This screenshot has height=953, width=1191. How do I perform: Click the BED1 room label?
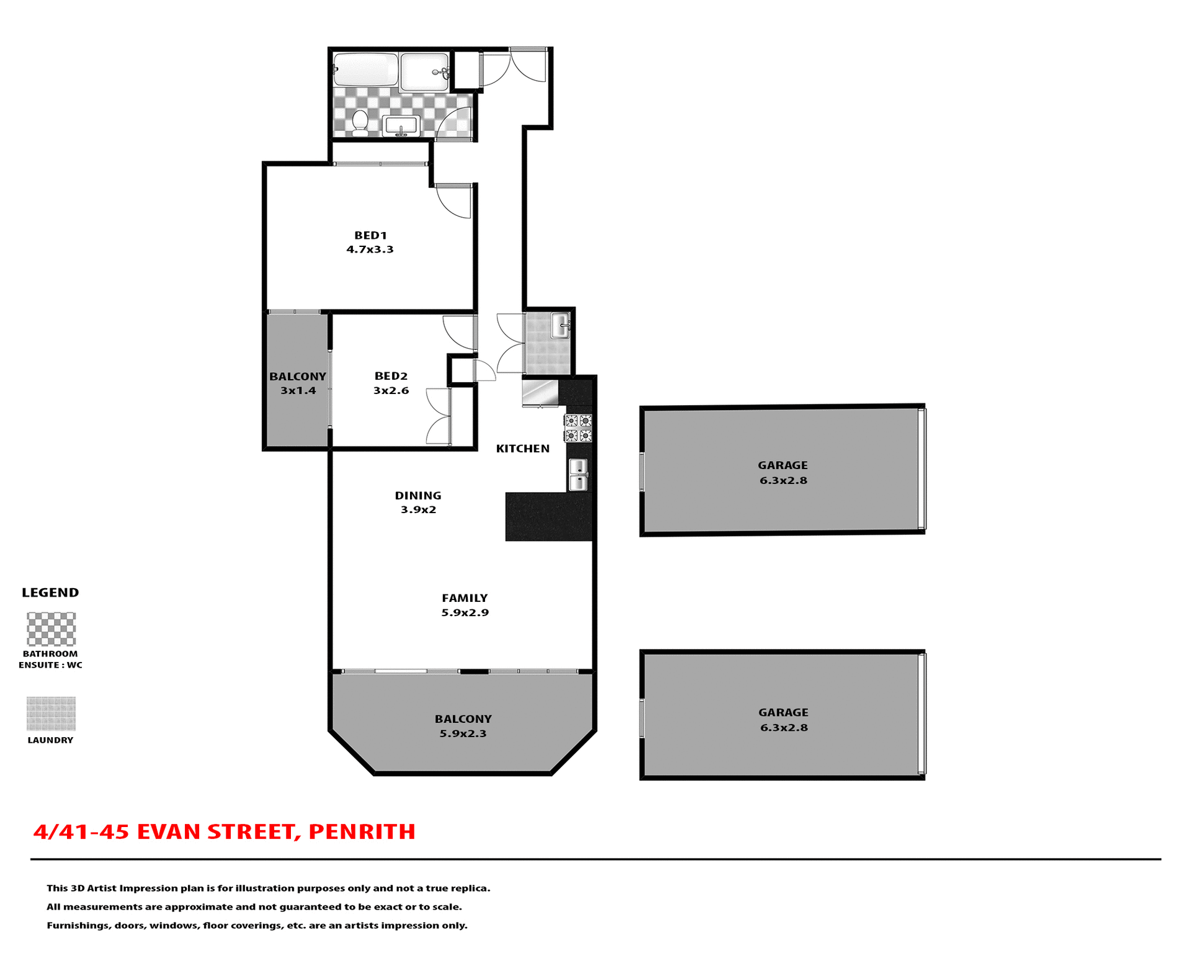[370, 236]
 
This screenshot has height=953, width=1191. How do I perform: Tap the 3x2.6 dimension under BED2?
[391, 391]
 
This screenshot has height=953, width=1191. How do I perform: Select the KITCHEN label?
[522, 449]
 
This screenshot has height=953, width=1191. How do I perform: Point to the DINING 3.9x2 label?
[418, 503]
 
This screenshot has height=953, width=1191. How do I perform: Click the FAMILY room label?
[465, 598]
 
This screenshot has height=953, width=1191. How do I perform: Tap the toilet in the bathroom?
[360, 122]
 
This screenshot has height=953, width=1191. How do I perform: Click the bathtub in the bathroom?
[365, 70]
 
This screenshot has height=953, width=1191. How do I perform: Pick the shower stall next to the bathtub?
[424, 72]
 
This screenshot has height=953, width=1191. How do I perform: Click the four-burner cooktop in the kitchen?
[578, 428]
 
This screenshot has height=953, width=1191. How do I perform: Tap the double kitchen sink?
[578, 475]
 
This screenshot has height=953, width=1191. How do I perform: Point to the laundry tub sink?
[560, 326]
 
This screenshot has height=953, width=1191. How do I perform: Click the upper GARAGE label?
[782, 465]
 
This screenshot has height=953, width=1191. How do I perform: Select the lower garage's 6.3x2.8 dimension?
[784, 728]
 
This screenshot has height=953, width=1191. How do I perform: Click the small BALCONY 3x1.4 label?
[298, 383]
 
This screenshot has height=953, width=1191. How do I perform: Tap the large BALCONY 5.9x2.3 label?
[463, 726]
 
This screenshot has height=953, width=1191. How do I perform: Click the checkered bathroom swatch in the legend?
[51, 629]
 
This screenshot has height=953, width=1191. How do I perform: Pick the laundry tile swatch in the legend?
[51, 714]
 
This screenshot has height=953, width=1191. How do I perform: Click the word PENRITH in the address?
[362, 832]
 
